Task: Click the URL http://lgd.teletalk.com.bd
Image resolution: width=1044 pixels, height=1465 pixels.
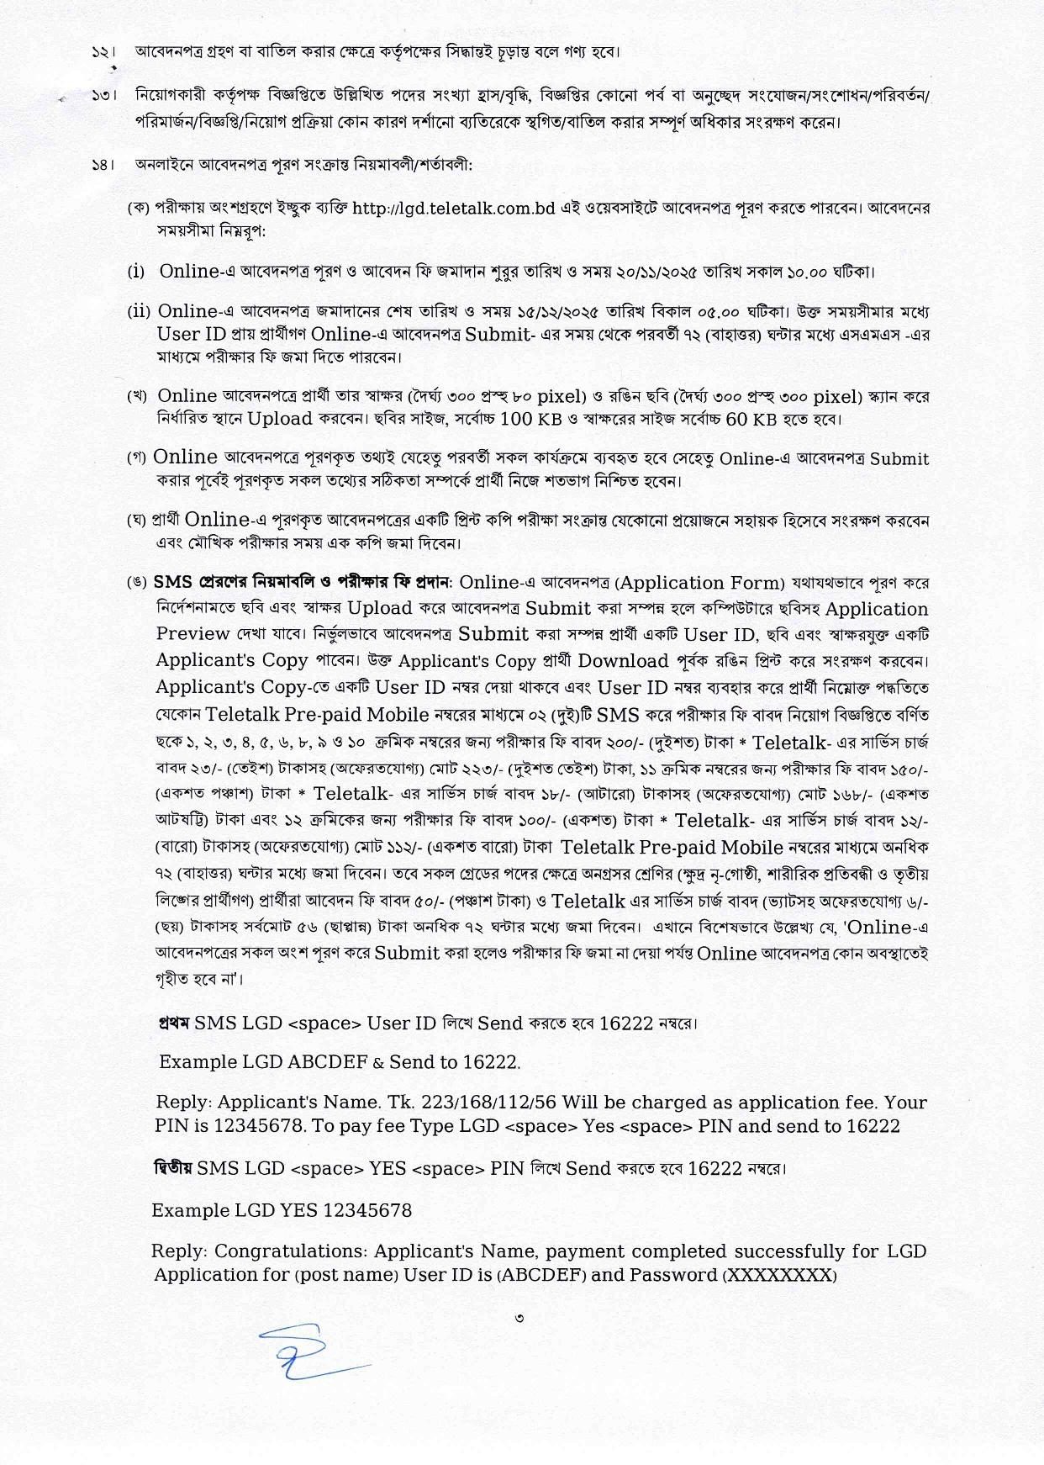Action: [454, 208]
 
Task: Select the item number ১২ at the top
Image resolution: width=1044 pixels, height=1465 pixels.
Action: [103, 52]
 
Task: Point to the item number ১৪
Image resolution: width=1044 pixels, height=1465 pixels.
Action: [103, 165]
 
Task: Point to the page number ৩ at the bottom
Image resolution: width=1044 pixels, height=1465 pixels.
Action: [520, 1318]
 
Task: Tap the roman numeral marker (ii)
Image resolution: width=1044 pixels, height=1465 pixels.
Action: [139, 312]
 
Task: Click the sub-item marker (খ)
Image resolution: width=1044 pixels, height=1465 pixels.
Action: [137, 396]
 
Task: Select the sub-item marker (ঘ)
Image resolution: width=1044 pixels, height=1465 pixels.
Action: [137, 521]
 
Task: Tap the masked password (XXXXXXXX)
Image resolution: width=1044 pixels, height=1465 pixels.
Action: [780, 1275]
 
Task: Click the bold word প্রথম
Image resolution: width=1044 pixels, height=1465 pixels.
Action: [174, 1023]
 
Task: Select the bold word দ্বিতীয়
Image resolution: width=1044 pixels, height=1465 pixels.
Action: [173, 1168]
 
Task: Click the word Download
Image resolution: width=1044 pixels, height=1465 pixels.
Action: [623, 661]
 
